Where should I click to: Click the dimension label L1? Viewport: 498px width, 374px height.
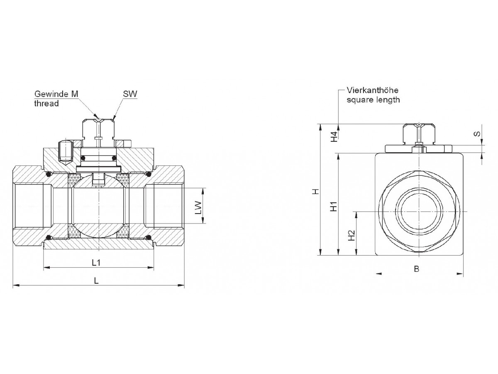click(96, 263)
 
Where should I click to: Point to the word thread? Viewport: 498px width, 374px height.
click(46, 103)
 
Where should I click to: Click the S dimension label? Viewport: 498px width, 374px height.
click(478, 134)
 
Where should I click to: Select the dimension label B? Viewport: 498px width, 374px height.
click(417, 269)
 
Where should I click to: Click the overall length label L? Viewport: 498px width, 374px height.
click(96, 280)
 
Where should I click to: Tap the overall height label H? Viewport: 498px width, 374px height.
click(316, 192)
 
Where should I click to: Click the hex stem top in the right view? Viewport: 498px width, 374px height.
click(419, 133)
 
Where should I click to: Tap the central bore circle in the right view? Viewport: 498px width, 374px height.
click(419, 211)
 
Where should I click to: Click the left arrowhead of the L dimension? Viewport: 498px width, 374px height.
click(16, 285)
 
